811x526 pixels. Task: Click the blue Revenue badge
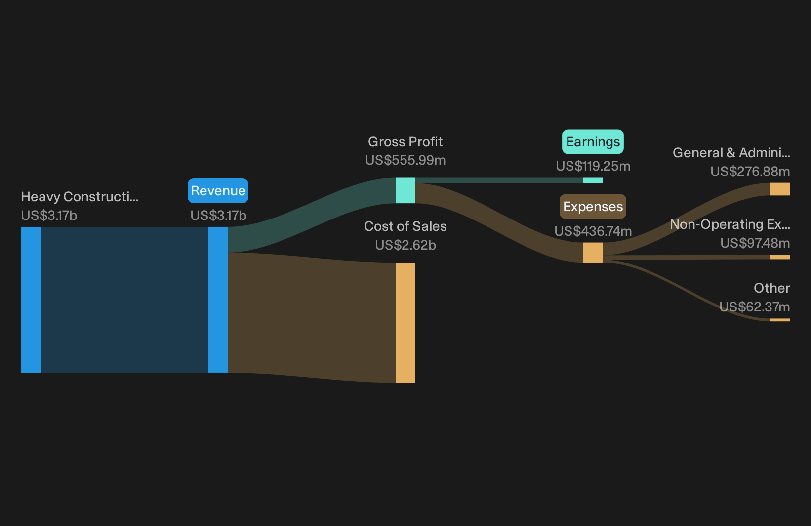(218, 191)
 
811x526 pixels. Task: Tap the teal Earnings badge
(593, 142)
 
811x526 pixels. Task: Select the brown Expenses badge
(593, 206)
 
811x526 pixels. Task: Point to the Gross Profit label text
(405, 142)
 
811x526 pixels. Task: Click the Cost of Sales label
(405, 226)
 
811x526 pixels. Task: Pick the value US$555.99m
(405, 160)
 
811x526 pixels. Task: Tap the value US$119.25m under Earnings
(593, 166)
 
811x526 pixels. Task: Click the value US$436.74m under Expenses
(593, 231)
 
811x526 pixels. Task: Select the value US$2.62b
(405, 245)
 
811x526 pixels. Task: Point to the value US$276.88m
(750, 171)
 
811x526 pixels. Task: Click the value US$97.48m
(755, 243)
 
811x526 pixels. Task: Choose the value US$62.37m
(755, 307)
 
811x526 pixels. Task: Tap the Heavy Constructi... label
(80, 197)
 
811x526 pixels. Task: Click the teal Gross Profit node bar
(405, 190)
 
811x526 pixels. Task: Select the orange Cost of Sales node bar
(405, 323)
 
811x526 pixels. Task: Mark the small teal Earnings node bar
(593, 180)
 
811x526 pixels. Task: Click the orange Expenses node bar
(593, 253)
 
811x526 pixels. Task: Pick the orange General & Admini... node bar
(780, 189)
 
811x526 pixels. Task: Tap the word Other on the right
(772, 288)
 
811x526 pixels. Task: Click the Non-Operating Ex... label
(730, 224)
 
